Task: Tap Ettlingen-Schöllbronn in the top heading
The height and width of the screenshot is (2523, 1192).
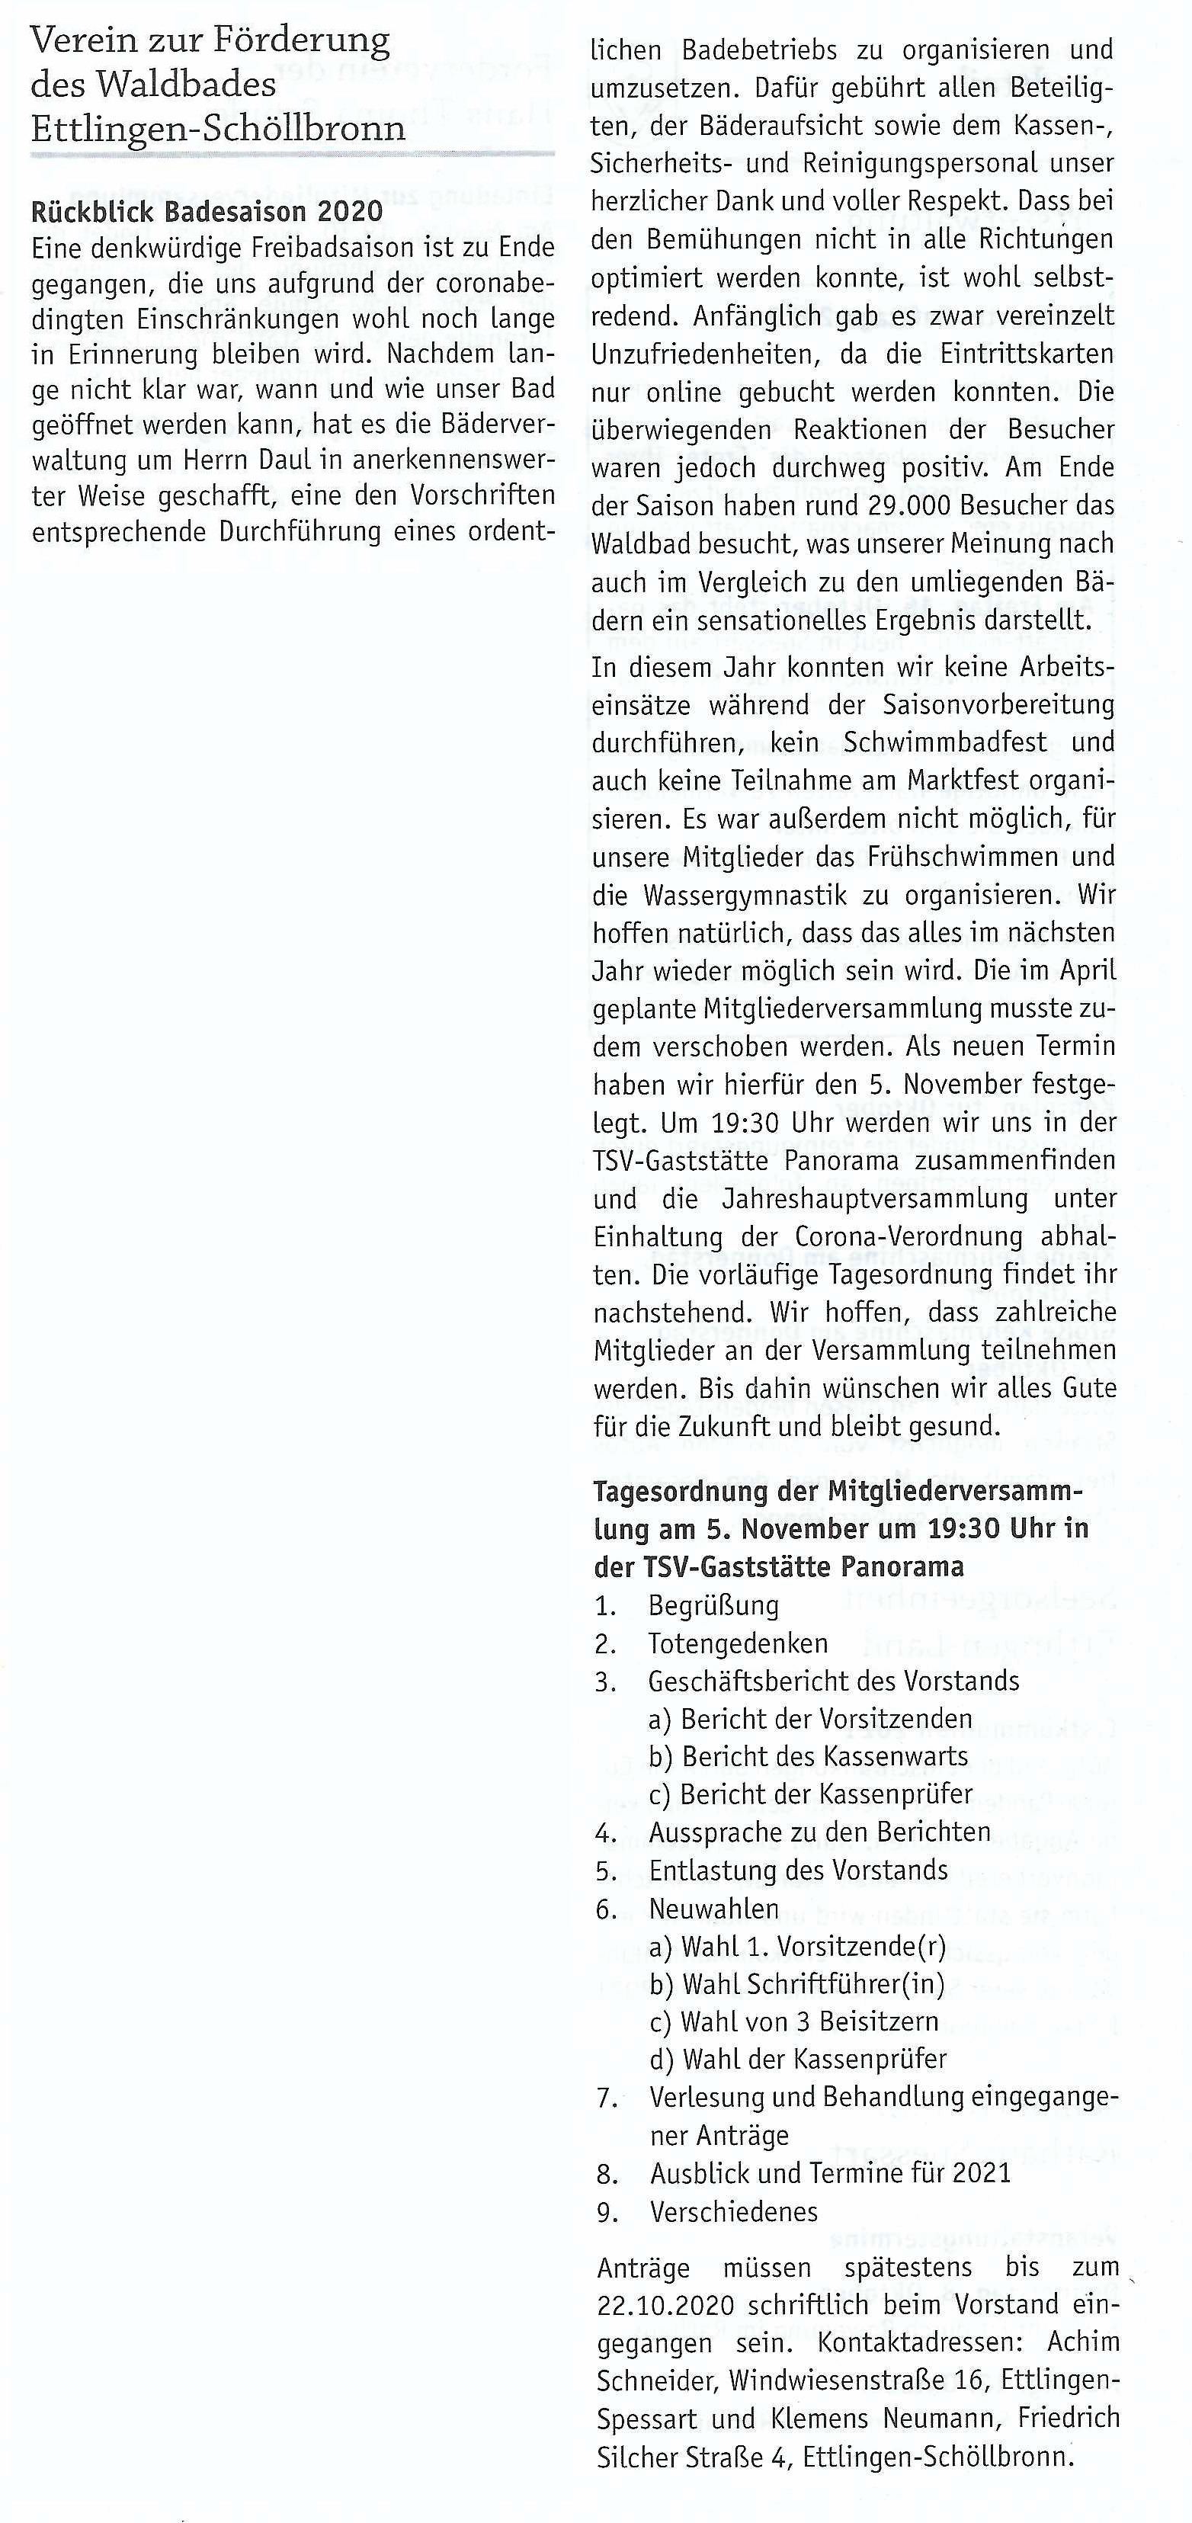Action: pos(217,128)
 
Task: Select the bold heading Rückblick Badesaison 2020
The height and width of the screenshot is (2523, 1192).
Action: pos(207,212)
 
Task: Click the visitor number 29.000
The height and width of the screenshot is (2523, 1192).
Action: pos(923,506)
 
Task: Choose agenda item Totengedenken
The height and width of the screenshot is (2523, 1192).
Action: pos(738,1643)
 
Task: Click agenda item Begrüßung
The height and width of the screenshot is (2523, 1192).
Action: pos(714,1605)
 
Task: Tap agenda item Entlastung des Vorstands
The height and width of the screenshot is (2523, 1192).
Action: pos(798,1871)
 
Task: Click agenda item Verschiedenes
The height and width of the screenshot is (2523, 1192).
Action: pos(734,2211)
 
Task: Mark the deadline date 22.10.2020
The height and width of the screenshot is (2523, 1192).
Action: pos(665,2306)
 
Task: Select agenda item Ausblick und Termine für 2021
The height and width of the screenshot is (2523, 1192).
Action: pos(830,2173)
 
